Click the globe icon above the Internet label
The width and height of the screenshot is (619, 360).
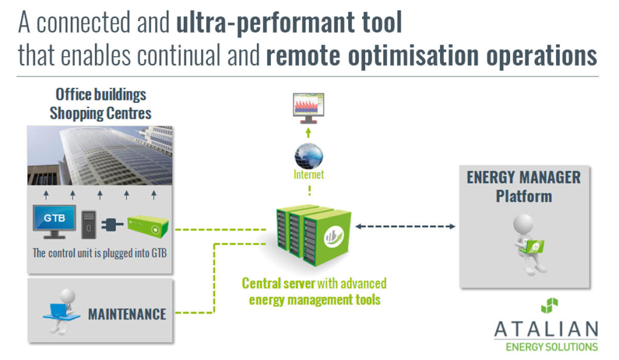[309, 156]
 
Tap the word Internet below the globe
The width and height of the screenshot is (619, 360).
[309, 175]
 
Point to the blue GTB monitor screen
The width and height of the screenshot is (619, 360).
[54, 219]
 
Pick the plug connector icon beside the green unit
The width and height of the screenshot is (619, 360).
[113, 224]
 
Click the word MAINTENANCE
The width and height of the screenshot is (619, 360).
[127, 314]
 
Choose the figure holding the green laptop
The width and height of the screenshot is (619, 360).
[527, 239]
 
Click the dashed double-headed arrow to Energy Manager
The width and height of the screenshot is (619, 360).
[406, 227]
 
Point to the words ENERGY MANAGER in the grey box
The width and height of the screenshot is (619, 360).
[523, 178]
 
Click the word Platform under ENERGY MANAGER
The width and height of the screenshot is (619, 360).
[523, 196]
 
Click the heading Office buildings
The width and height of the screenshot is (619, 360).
[101, 94]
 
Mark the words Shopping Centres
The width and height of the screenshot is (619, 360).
[100, 113]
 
